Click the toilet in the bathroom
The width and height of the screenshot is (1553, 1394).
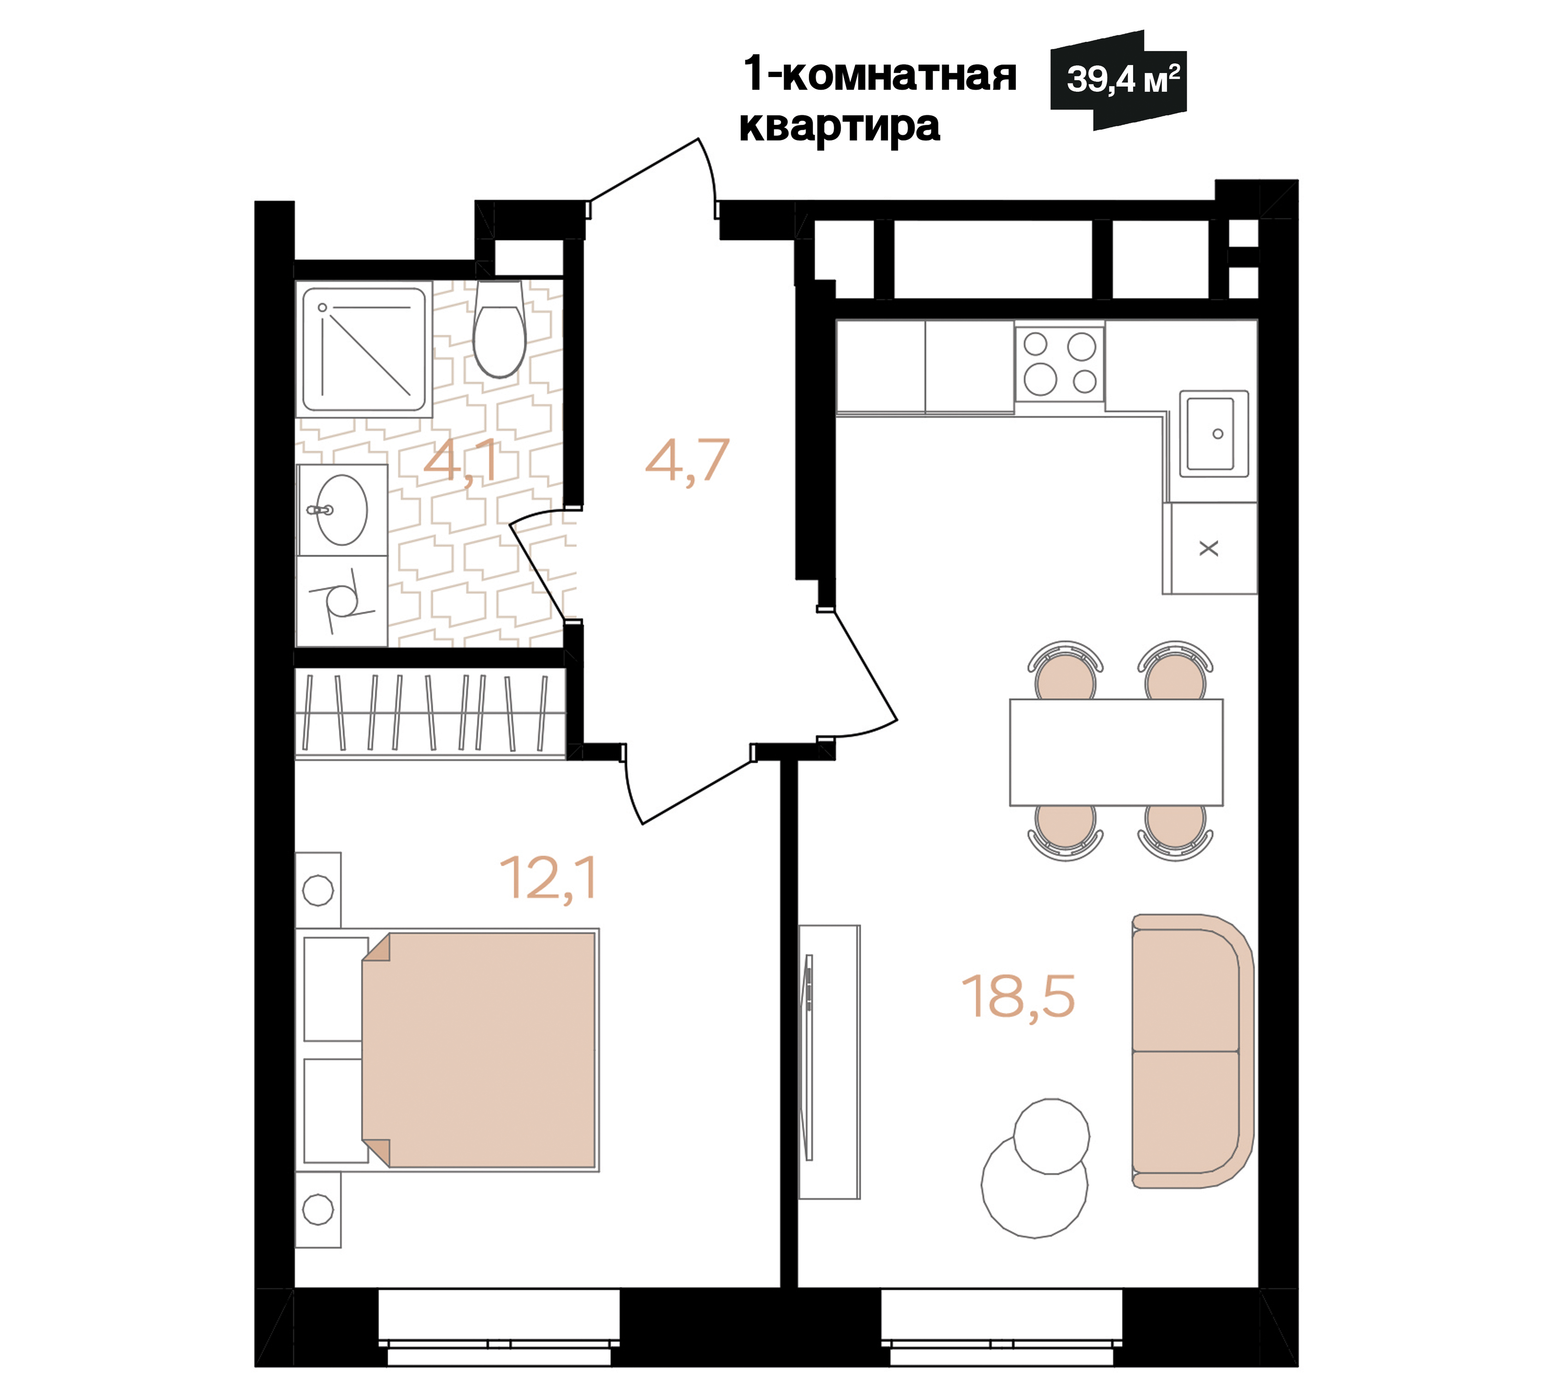coord(500,329)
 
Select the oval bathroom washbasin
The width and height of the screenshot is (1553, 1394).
coord(342,510)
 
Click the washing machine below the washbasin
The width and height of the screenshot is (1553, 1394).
coord(342,601)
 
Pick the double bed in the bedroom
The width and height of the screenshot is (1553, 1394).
coord(479,1050)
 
